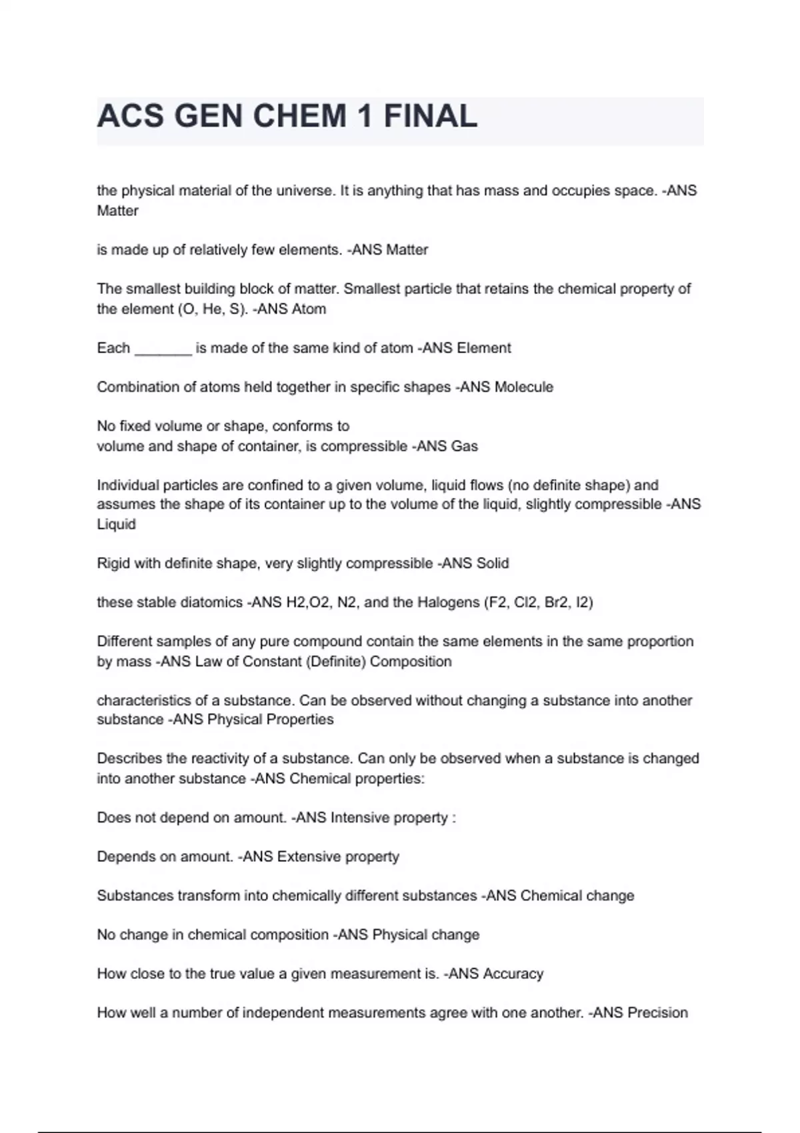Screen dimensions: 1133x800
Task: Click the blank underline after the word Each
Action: tap(163, 349)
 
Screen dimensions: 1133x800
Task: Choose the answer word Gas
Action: tap(464, 446)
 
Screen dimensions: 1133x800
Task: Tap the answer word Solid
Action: tap(493, 564)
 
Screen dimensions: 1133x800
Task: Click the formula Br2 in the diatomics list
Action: tap(554, 602)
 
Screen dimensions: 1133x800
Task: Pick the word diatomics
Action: tap(214, 602)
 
